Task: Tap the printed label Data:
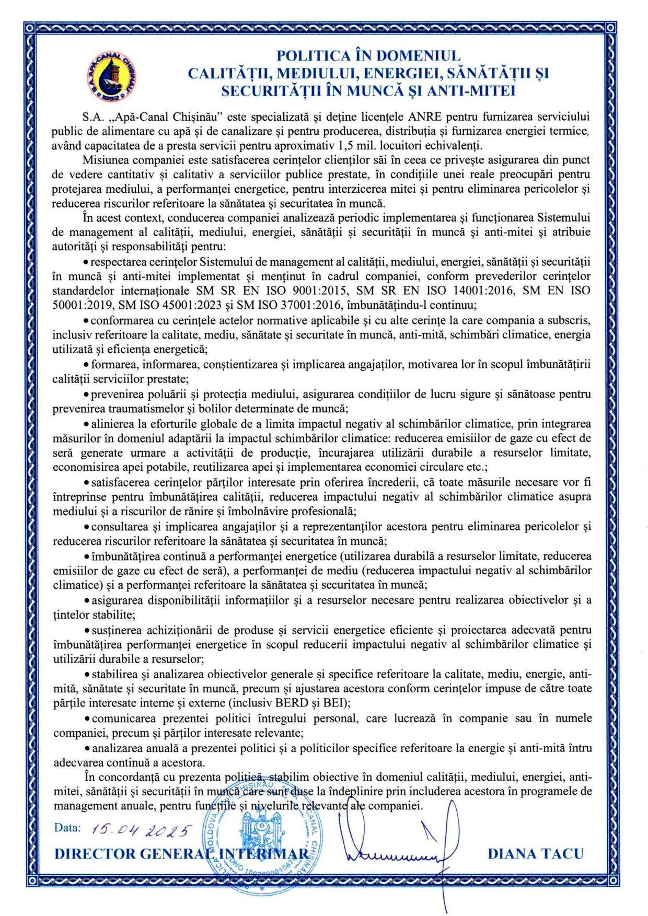[x=68, y=828]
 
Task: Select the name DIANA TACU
[x=535, y=854]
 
